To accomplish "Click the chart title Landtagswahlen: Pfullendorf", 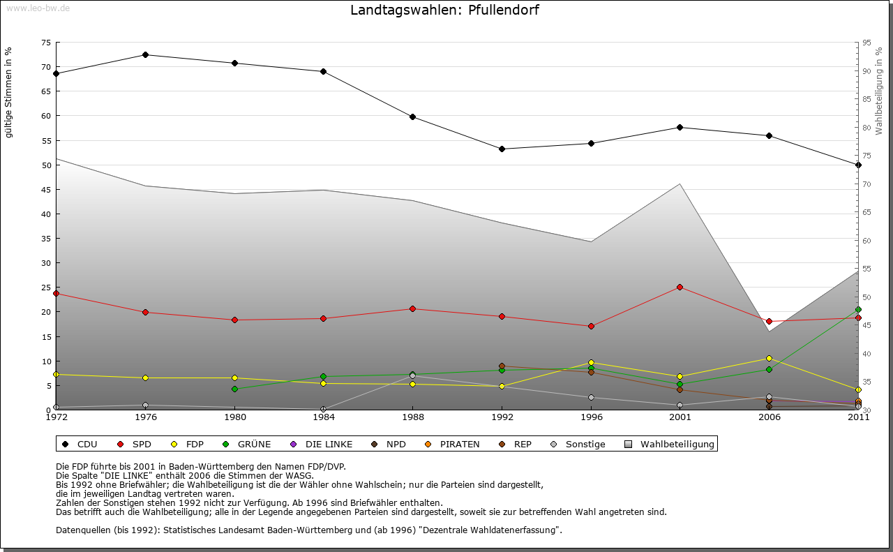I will coord(444,10).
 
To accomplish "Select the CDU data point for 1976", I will coord(145,54).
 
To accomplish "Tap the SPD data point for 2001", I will coord(680,287).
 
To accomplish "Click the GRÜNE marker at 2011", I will coord(858,309).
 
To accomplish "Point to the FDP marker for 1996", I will coord(591,362).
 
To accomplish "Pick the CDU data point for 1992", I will coord(502,149).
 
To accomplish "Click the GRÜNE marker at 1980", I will coord(234,389).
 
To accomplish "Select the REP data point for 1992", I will coord(502,366).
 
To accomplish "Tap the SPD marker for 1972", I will coord(56,293).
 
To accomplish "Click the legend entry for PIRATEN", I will coord(453,444).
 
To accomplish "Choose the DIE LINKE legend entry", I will coord(322,444).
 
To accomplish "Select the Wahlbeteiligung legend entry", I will coord(670,444).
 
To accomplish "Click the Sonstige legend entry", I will coord(578,444).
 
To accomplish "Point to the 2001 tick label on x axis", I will coord(680,417).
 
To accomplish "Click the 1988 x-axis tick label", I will coord(412,417).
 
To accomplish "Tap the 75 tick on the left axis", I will coord(45,43).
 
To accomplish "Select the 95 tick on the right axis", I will coord(866,43).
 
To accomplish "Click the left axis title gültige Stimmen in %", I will coord(9,92).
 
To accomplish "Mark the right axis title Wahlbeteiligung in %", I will coord(879,91).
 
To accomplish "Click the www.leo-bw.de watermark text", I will coord(38,8).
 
